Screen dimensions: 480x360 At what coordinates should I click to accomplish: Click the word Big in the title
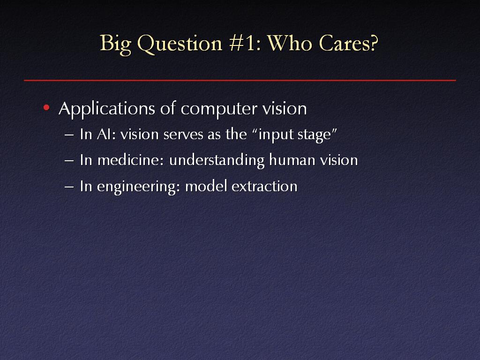coord(115,44)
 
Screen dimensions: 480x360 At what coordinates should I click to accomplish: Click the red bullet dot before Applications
coord(46,107)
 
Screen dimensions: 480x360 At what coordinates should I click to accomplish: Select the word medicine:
coord(131,160)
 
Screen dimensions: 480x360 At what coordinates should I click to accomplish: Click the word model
coord(206,186)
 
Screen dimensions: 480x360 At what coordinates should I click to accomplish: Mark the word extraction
coord(264,187)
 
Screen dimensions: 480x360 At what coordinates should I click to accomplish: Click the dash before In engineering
coord(69,187)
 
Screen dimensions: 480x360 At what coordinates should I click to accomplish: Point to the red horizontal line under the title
coord(240,81)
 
